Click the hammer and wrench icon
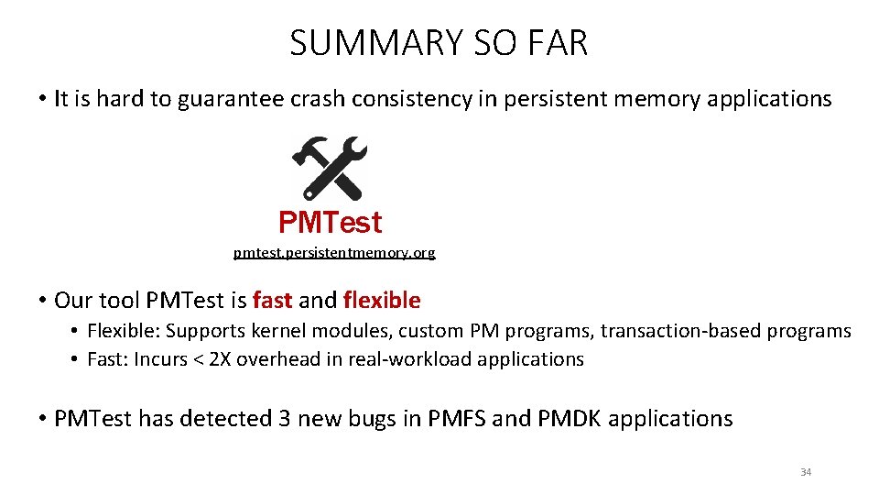click(x=330, y=168)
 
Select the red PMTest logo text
click(x=330, y=222)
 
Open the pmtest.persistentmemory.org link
click(x=334, y=252)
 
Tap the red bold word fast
click(x=272, y=300)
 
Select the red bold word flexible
click(x=381, y=300)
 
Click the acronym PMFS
click(x=451, y=419)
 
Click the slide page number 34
click(x=806, y=472)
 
